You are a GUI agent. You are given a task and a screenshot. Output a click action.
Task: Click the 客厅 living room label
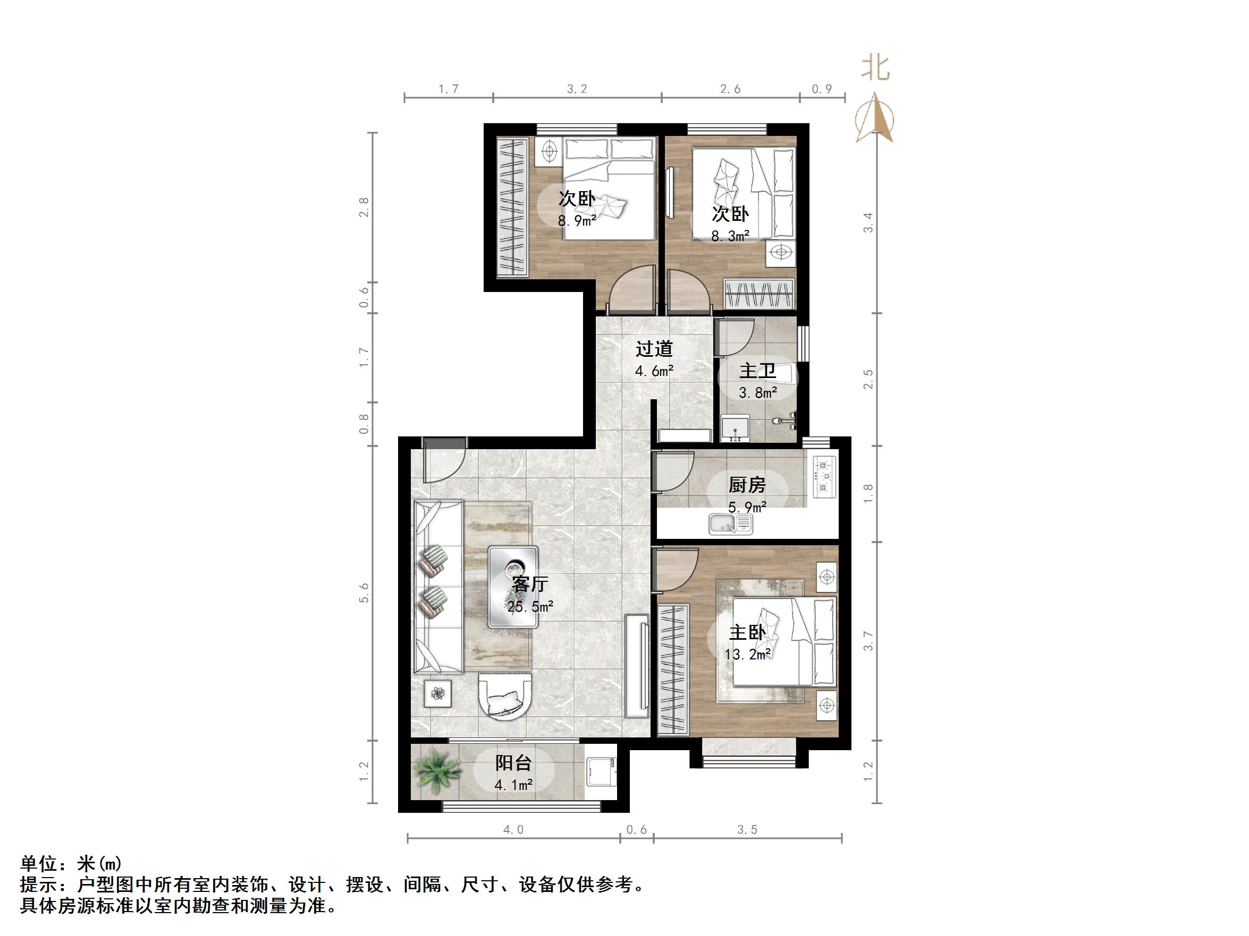pos(530,583)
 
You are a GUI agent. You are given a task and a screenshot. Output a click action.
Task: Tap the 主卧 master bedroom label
pos(747,632)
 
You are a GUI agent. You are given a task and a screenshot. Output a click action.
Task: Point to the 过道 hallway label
pos(654,349)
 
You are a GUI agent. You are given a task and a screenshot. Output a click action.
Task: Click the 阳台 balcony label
pos(513,763)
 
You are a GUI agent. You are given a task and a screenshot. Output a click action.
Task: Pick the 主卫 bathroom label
pos(757,371)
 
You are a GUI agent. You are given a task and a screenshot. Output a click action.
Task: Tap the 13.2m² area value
pos(748,655)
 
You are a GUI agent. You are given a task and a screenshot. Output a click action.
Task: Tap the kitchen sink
pos(730,523)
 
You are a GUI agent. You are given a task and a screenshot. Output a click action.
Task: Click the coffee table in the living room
pos(513,587)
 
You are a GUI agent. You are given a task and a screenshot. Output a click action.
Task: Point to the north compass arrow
pos(875,118)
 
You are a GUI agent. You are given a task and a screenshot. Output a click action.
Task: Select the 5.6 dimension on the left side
pos(364,593)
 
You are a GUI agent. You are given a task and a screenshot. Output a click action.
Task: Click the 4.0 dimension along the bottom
pos(513,829)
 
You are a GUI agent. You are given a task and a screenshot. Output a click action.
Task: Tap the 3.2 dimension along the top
pos(577,89)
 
